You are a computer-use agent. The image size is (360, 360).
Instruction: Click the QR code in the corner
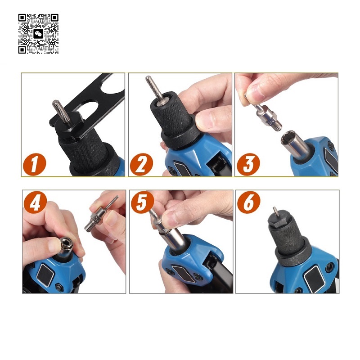(x=38, y=34)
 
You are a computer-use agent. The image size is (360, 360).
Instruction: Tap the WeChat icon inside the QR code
(x=38, y=34)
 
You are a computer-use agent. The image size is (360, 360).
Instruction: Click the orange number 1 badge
(x=35, y=164)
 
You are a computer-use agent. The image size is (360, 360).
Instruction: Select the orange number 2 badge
(x=141, y=164)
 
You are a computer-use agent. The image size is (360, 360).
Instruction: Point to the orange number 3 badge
(x=248, y=164)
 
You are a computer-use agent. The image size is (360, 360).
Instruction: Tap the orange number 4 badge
(x=35, y=202)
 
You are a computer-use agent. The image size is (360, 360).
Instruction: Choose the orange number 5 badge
(x=142, y=202)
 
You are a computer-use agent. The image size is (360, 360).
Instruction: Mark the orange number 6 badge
(x=249, y=202)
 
